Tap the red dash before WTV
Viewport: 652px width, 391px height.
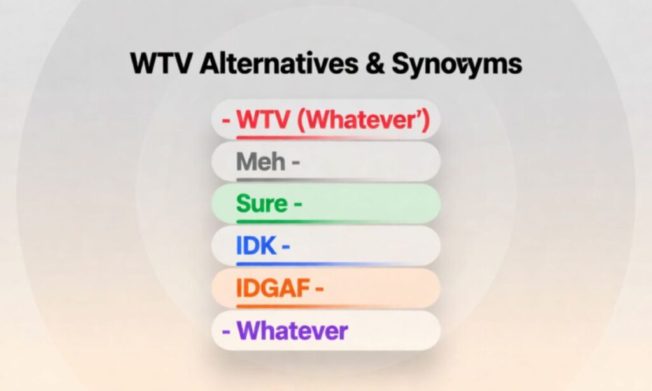tap(226, 120)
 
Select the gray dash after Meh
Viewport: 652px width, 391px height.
tap(295, 162)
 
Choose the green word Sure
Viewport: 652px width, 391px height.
tap(262, 204)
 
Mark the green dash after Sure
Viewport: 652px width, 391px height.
tap(297, 204)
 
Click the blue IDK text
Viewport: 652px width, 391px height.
tap(256, 246)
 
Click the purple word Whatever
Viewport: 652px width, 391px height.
tap(292, 331)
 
